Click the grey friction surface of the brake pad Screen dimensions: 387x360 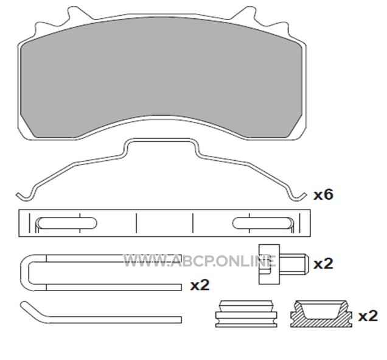tap(162, 74)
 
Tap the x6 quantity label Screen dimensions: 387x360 tap(323, 194)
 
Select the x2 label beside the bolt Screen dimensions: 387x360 tap(323, 264)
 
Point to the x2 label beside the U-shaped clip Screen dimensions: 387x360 tap(200, 286)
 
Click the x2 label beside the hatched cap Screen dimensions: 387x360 tap(368, 316)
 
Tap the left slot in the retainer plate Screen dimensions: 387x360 tap(68, 223)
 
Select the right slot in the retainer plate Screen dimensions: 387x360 tap(262, 223)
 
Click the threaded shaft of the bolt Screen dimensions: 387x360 tap(294, 264)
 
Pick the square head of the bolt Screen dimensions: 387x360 tap(269, 264)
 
